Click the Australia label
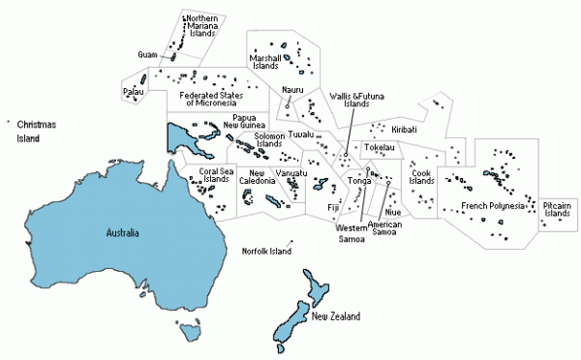coord(122,233)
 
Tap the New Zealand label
coord(336,316)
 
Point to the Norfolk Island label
coord(266,252)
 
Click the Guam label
coord(148,54)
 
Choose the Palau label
coord(134,92)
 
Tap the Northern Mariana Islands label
coord(201,31)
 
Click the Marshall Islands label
coord(265,62)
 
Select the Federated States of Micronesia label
coord(210,100)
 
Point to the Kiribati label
coord(405,129)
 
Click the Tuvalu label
coord(301,134)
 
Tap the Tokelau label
coord(380,148)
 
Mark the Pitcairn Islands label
coord(557,209)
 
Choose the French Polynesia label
coord(493,205)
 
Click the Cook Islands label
coord(421,177)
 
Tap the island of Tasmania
coord(191,333)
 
